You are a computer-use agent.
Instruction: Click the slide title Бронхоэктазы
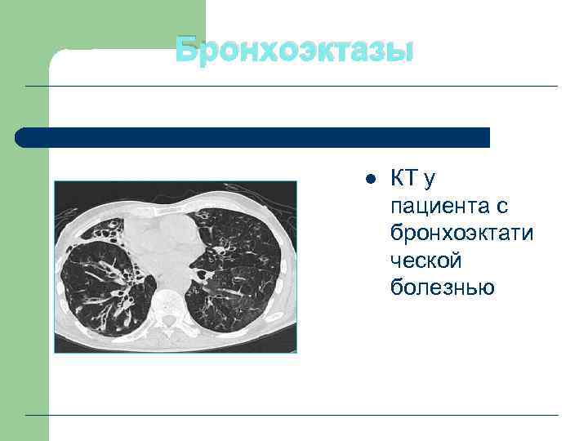click(295, 51)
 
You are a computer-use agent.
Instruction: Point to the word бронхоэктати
click(461, 233)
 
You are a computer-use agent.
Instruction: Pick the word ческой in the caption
click(425, 260)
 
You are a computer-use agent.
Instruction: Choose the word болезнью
click(442, 287)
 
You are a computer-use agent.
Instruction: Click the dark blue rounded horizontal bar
click(253, 137)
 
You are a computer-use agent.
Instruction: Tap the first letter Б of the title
click(187, 51)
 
